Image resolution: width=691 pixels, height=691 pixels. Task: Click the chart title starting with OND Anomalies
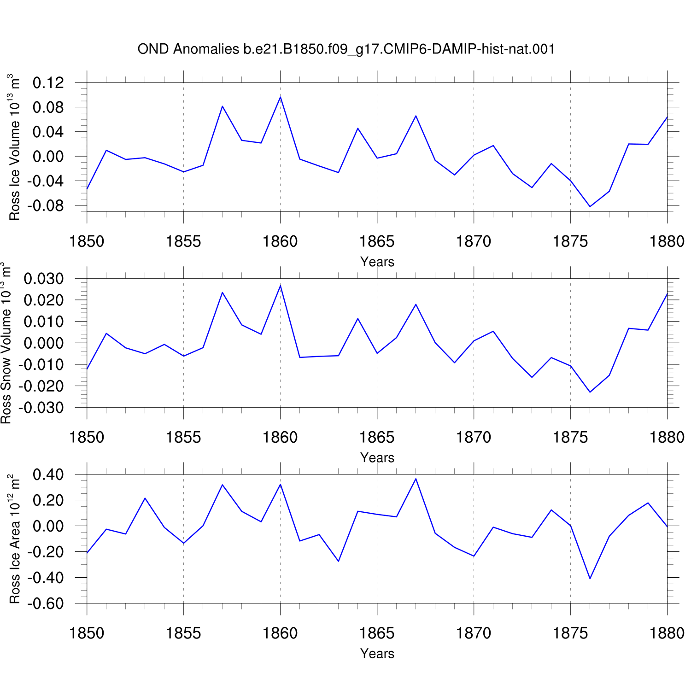(x=346, y=49)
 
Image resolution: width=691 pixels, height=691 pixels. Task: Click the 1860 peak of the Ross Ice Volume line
(x=281, y=97)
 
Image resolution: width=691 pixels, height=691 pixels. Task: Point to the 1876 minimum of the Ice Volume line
(x=590, y=206)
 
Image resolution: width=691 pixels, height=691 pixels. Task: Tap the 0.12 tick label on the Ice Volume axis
(x=48, y=83)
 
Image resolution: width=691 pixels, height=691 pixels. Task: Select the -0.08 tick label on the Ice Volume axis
(x=46, y=205)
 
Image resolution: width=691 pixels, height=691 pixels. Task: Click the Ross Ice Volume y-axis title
(x=14, y=147)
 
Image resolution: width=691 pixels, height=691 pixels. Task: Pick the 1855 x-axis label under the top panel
(x=183, y=241)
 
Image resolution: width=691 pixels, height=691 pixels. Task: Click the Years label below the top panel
(x=377, y=262)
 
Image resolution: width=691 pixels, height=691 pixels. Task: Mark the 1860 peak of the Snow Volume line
(x=281, y=286)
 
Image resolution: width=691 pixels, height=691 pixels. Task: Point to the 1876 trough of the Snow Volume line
(x=590, y=392)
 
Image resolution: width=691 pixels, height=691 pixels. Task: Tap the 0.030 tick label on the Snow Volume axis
(x=44, y=279)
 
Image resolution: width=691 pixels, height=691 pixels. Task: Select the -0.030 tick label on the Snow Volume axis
(x=41, y=408)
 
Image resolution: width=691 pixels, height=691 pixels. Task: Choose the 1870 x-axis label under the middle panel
(x=474, y=437)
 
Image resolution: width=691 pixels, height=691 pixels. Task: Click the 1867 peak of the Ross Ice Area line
(x=416, y=479)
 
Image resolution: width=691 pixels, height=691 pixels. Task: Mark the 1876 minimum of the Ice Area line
(x=590, y=579)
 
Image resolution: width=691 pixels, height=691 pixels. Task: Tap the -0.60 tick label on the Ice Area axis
(x=46, y=603)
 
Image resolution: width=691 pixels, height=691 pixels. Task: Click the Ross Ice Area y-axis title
(x=14, y=539)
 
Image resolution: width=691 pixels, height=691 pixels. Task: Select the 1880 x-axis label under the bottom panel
(x=667, y=633)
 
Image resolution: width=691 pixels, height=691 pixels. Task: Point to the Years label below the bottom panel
(x=377, y=653)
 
